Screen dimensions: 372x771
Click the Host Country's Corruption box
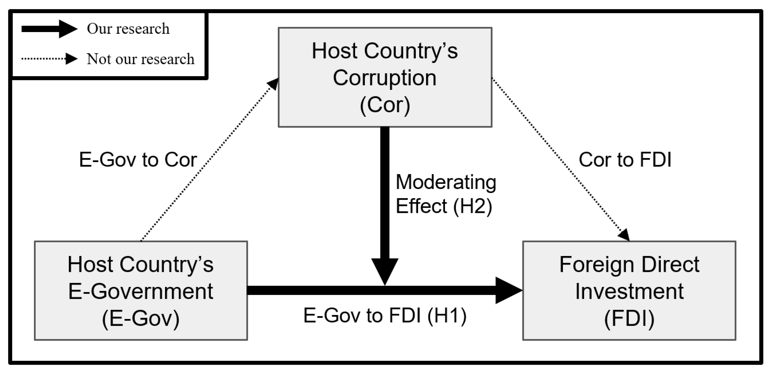pyautogui.click(x=385, y=77)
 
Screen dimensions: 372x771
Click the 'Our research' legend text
pyautogui.click(x=128, y=29)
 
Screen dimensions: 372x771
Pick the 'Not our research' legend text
pyautogui.click(x=140, y=59)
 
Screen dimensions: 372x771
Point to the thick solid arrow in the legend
pyautogui.click(x=49, y=29)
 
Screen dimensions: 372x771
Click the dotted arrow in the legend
pyautogui.click(x=49, y=59)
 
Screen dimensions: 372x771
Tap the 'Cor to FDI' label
pyautogui.click(x=625, y=160)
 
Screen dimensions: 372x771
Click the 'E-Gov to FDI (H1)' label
pyautogui.click(x=385, y=316)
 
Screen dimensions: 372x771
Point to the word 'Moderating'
pyautogui.click(x=446, y=182)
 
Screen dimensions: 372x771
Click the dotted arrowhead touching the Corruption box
pyautogui.click(x=273, y=84)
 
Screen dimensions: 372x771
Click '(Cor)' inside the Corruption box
pyautogui.click(x=385, y=105)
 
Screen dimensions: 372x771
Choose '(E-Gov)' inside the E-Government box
pyautogui.click(x=141, y=318)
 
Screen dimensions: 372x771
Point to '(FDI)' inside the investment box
pyautogui.click(x=629, y=318)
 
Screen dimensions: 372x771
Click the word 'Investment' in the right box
pyautogui.click(x=629, y=292)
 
